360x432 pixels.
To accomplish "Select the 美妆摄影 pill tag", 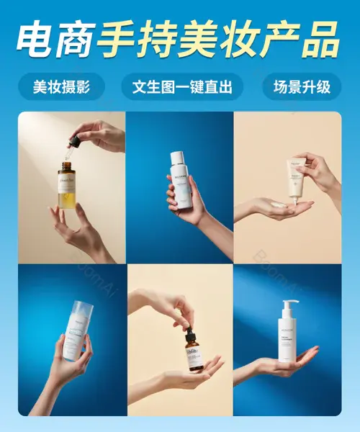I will coord(61,87).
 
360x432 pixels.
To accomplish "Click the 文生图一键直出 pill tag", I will coord(182,87).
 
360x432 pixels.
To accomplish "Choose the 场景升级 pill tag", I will coord(302,87).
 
